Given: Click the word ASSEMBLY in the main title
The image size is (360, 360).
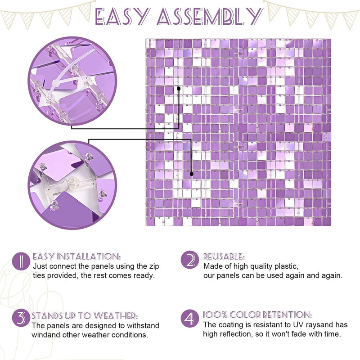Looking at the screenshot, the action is click(x=210, y=17).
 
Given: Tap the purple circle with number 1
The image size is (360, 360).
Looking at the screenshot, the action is click(x=21, y=261).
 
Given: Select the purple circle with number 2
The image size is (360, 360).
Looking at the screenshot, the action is click(x=189, y=260).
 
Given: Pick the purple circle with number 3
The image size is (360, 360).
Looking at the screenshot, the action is click(x=21, y=318).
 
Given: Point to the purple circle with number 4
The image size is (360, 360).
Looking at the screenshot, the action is click(x=189, y=318).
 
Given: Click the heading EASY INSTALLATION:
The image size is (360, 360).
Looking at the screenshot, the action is click(x=76, y=256).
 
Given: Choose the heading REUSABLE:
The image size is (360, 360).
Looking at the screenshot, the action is click(x=224, y=256).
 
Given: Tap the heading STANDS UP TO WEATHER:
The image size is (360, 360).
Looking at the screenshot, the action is click(x=85, y=316).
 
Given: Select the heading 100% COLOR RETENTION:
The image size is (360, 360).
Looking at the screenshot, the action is click(x=257, y=315).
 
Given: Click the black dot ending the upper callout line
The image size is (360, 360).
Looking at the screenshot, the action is click(x=179, y=88).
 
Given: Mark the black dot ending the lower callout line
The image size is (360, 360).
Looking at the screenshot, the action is click(x=192, y=174).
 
